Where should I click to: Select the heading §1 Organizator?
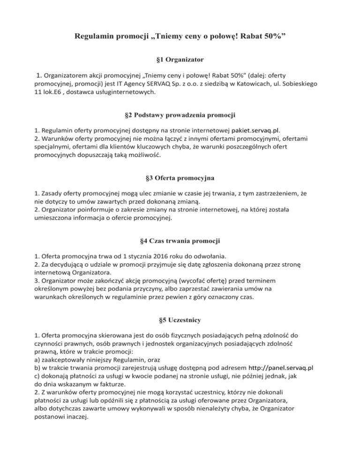tap(180, 60)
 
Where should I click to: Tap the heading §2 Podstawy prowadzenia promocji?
tap(180, 115)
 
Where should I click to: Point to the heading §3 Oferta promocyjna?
tap(180, 179)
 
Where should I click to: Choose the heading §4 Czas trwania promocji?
tap(180, 241)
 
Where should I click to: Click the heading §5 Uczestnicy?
tap(180, 320)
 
